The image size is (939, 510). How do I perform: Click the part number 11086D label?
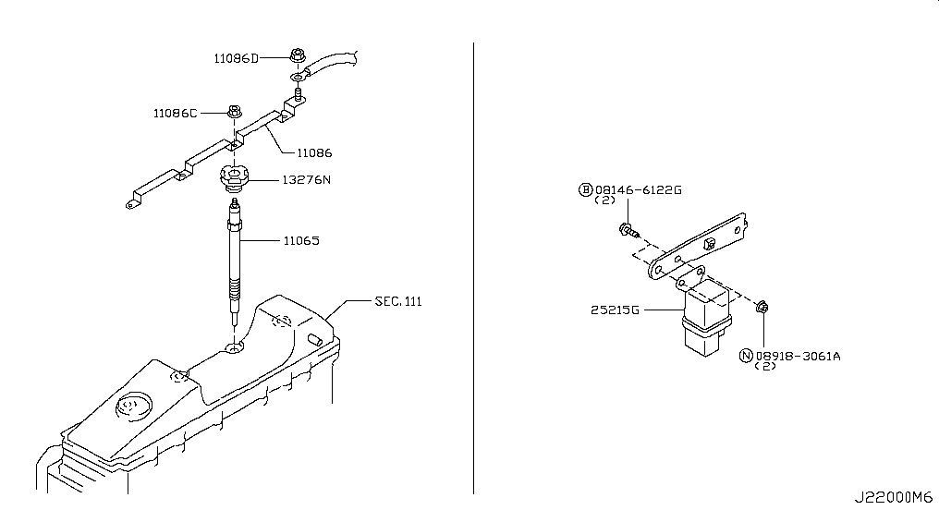click(x=237, y=58)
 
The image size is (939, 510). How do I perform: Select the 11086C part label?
click(x=175, y=113)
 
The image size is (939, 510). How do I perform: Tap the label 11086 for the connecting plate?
click(x=314, y=152)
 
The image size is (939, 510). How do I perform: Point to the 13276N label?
click(x=306, y=179)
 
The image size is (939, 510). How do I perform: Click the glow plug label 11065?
click(x=301, y=240)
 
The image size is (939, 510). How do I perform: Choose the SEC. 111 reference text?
click(x=398, y=301)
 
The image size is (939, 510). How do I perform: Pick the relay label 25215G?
click(x=615, y=310)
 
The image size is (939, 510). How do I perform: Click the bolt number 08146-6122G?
click(x=639, y=189)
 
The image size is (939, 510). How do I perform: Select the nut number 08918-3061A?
click(x=798, y=356)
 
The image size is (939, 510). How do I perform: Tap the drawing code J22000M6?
click(x=893, y=497)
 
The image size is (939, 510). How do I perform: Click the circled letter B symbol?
click(x=585, y=189)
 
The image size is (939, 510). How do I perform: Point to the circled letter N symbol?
click(x=746, y=356)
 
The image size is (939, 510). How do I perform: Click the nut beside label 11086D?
click(x=298, y=55)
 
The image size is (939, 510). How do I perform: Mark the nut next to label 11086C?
click(x=234, y=111)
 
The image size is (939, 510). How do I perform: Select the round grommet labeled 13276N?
click(x=234, y=177)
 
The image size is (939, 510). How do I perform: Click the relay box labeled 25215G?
click(x=706, y=317)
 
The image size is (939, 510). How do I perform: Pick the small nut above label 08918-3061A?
click(x=762, y=308)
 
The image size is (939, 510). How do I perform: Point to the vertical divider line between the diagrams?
click(x=474, y=268)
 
